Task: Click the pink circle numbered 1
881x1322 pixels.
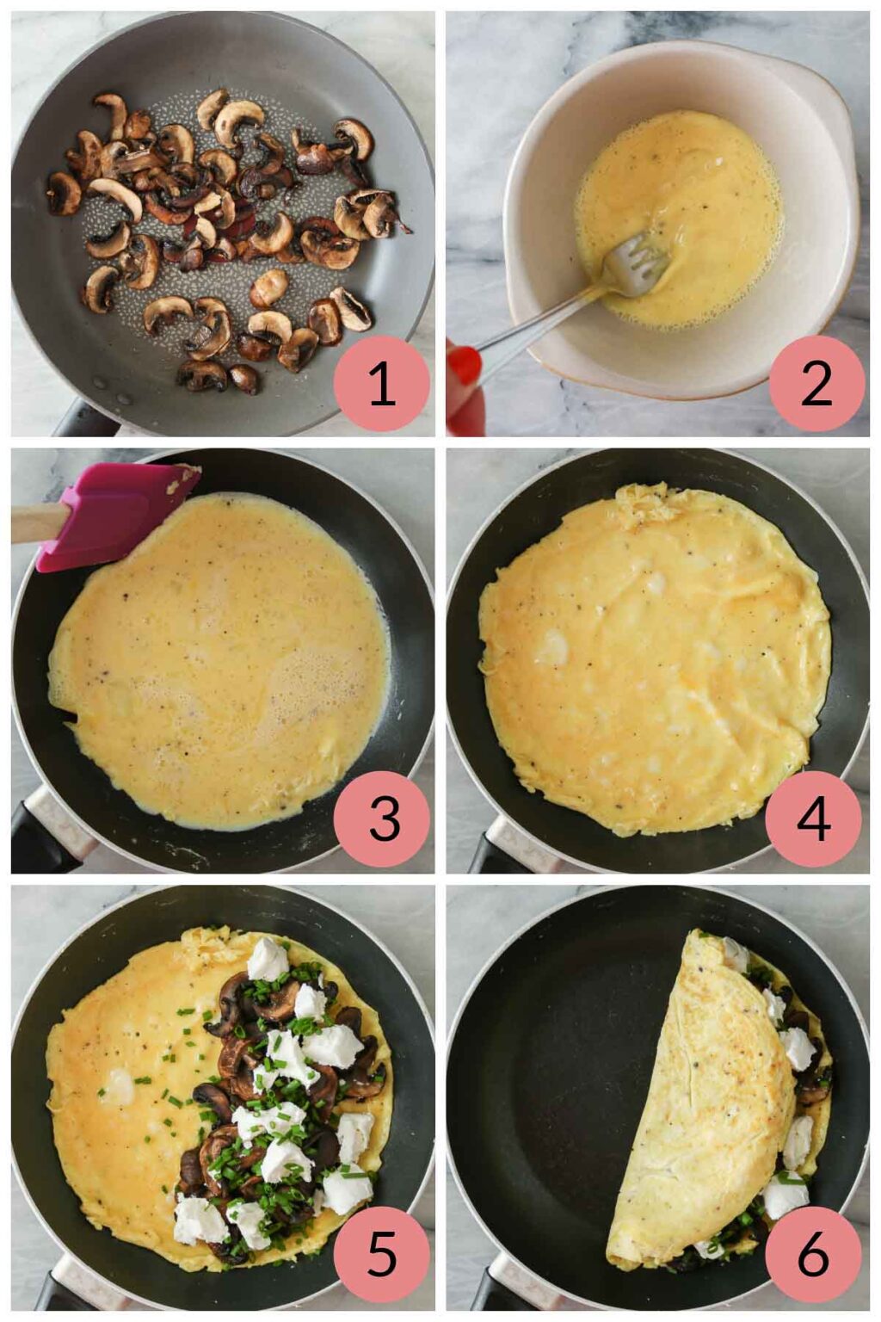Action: click(x=381, y=382)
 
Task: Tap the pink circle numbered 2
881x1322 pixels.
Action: click(x=816, y=382)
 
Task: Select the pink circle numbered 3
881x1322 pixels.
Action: click(x=381, y=819)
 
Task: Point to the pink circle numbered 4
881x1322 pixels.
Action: click(x=813, y=819)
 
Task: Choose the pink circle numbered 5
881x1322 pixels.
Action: click(x=381, y=1255)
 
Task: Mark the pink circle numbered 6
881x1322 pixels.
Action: click(x=813, y=1255)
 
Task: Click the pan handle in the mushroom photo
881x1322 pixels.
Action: click(x=82, y=421)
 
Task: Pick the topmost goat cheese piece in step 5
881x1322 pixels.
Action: click(x=268, y=960)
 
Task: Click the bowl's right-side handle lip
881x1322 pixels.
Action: click(x=839, y=138)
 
